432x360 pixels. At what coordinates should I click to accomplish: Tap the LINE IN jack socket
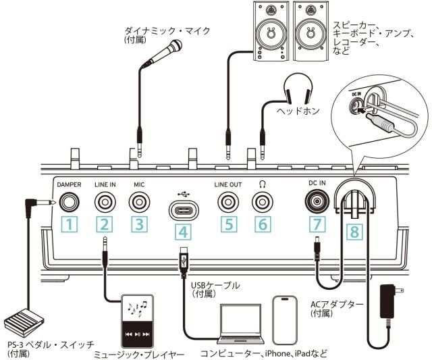(105, 202)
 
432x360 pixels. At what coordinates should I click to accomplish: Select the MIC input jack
(140, 202)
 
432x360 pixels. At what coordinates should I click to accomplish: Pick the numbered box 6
(261, 225)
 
